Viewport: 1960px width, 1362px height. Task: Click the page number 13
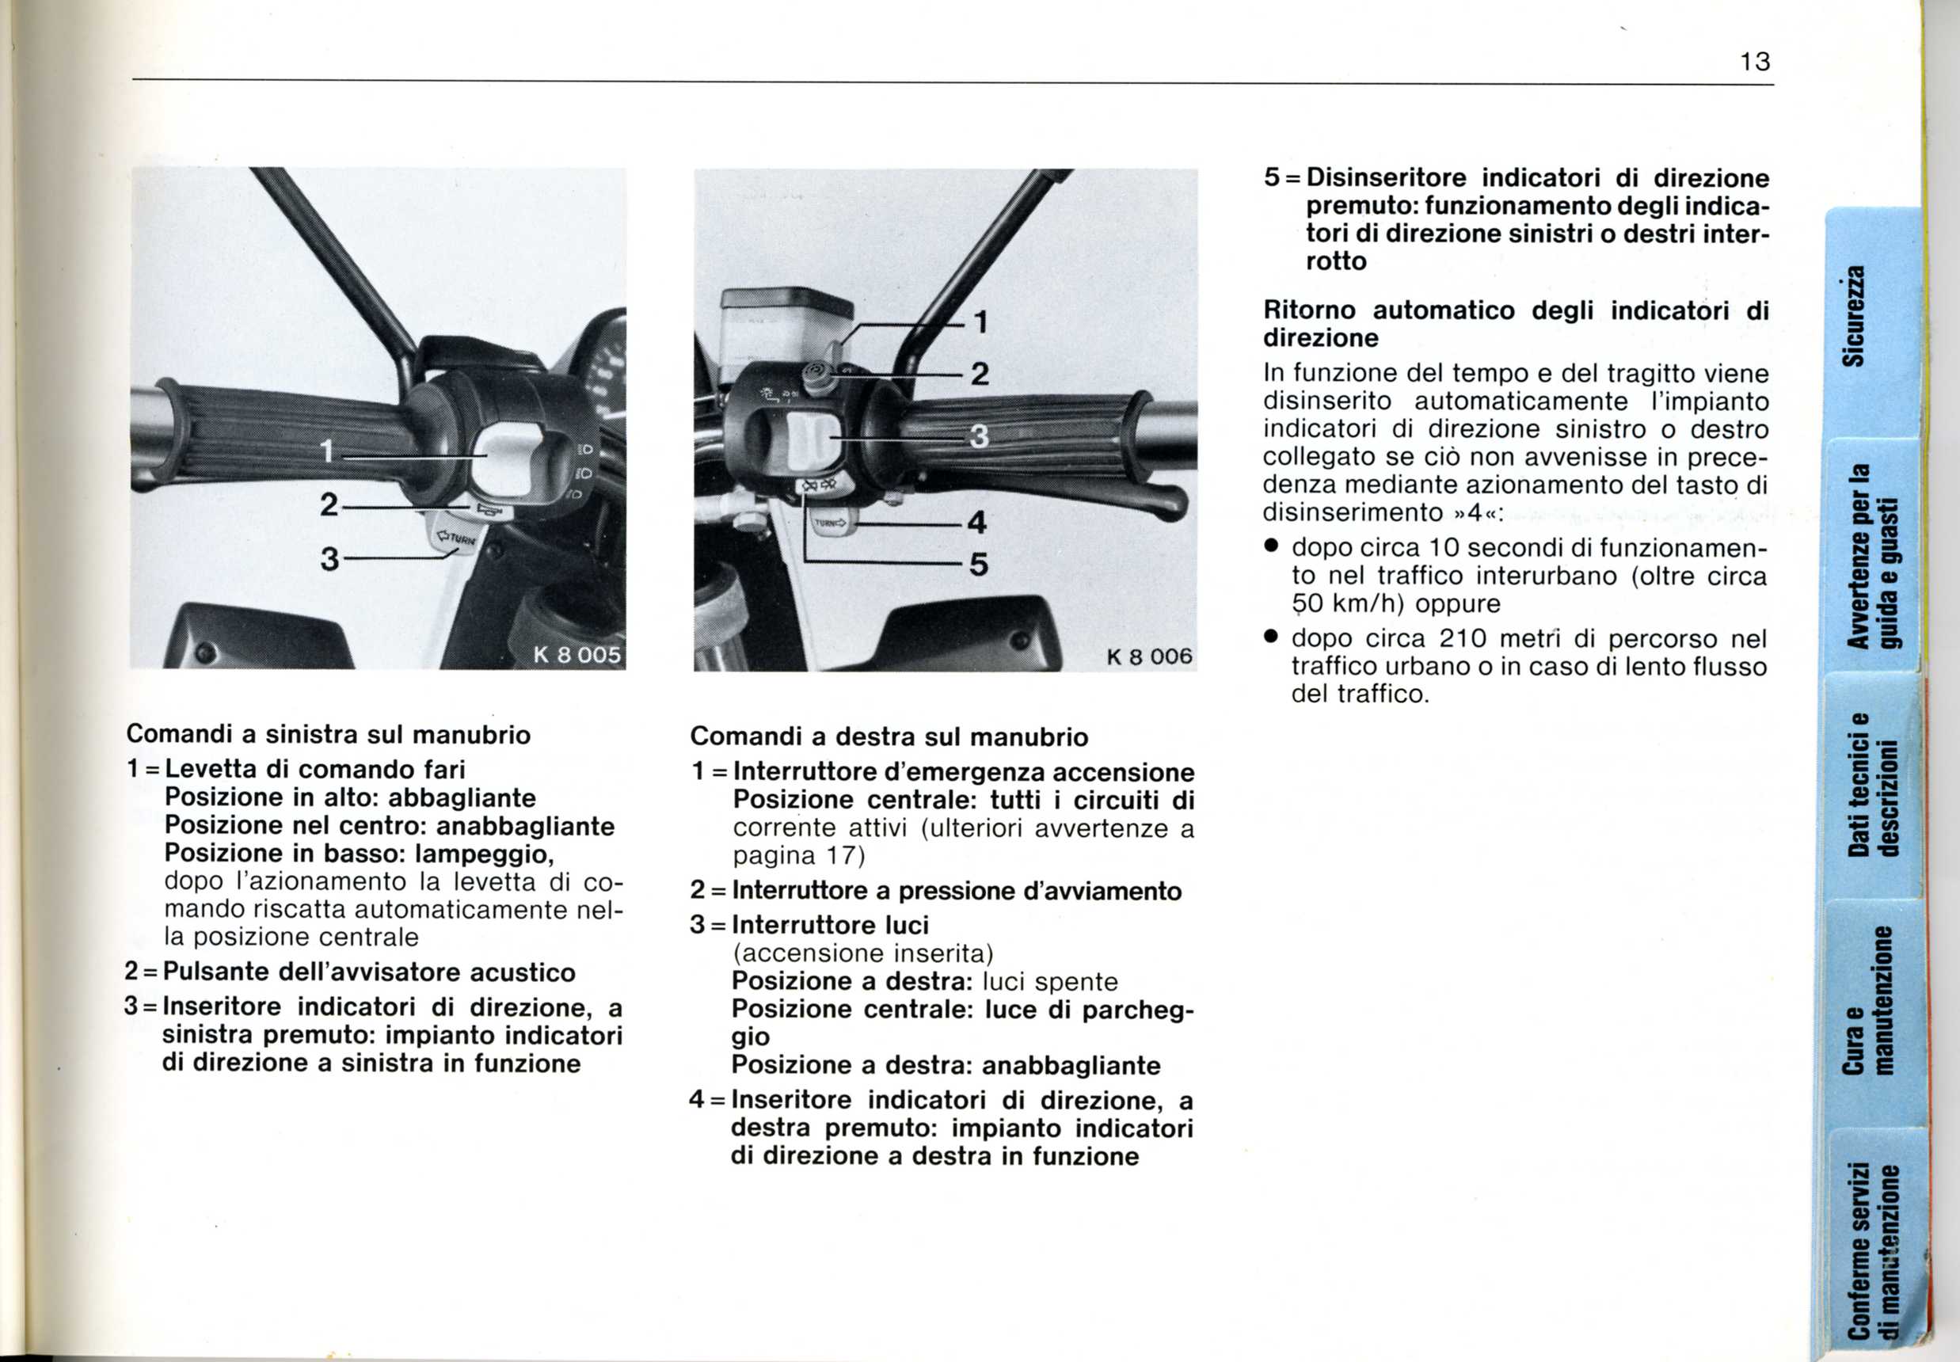(x=1755, y=63)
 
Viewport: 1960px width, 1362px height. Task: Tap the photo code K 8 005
(x=577, y=656)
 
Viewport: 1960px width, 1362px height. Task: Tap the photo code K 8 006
(x=1148, y=656)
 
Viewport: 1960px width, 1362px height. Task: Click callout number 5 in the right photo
(x=979, y=564)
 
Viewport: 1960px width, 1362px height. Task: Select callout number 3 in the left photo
(x=329, y=559)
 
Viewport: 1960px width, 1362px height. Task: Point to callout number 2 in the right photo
(x=980, y=374)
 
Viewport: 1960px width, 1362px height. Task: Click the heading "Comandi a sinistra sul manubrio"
(x=329, y=735)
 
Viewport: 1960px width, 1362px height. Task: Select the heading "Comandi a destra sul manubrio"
(x=889, y=736)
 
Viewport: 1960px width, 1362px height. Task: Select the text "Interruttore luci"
(x=830, y=925)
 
